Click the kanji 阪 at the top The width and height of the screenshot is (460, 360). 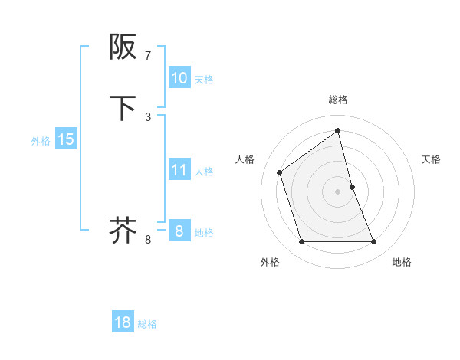pos(123,48)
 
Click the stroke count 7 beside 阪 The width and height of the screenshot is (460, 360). pos(148,56)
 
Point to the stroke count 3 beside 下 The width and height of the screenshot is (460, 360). pos(148,116)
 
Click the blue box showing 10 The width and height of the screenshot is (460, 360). pos(179,78)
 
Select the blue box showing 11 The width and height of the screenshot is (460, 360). pos(179,170)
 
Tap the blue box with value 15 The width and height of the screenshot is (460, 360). pos(66,139)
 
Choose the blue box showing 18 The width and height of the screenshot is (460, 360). pos(123,322)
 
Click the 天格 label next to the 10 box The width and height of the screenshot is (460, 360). pos(204,80)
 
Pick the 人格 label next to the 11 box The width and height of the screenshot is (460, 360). pos(204,172)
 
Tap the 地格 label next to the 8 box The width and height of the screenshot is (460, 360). pos(204,233)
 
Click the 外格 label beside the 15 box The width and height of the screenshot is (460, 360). pos(40,141)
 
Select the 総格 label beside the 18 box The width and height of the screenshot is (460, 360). pos(147,324)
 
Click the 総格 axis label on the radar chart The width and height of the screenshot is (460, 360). pos(338,100)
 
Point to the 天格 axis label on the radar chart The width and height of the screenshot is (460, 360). pos(432,159)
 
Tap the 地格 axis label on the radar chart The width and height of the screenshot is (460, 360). pos(402,262)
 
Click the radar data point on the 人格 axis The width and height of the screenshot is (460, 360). pos(280,172)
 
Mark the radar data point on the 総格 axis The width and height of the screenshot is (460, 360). pos(338,130)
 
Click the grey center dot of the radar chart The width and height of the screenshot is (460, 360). pos(338,191)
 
